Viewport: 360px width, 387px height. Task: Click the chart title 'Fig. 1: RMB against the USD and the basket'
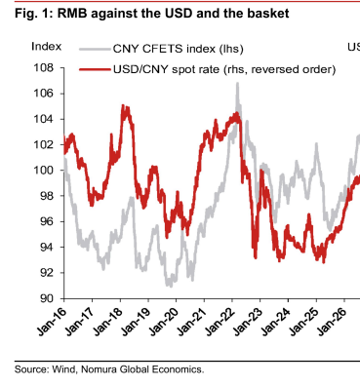click(x=152, y=14)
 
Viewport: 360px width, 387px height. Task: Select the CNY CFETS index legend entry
click(x=161, y=49)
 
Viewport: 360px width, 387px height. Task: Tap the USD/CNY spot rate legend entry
click(x=208, y=69)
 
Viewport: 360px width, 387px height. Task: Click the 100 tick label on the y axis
click(x=43, y=171)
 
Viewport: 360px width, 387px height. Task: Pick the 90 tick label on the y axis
click(x=47, y=298)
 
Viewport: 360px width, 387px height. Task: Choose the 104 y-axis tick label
click(x=43, y=119)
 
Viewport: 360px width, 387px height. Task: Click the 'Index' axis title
click(x=46, y=47)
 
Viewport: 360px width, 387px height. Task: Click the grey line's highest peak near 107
click(x=238, y=83)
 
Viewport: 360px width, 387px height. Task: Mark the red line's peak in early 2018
click(x=123, y=105)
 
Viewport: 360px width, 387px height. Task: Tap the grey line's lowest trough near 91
click(x=170, y=286)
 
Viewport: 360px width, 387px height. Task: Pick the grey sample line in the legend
click(x=95, y=49)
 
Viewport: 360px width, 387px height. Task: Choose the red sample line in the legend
click(x=95, y=69)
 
